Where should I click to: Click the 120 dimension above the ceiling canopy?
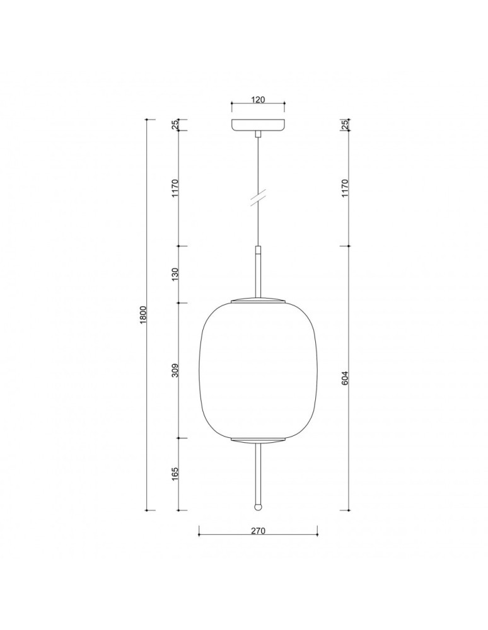point(257,99)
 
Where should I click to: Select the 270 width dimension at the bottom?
point(257,530)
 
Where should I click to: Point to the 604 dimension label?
point(345,377)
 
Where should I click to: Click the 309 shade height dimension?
point(175,370)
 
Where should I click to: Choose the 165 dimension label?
point(175,474)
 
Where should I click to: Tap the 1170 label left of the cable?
point(175,188)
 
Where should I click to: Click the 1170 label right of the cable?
point(345,188)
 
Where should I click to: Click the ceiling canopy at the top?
point(257,125)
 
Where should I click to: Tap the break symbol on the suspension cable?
point(257,197)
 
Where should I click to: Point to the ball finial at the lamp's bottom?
point(257,506)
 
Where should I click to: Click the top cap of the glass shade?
point(257,299)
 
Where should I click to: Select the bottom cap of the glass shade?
point(257,440)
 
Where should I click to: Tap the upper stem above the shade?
point(257,271)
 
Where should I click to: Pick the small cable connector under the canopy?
point(257,134)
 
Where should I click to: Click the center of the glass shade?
point(257,370)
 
